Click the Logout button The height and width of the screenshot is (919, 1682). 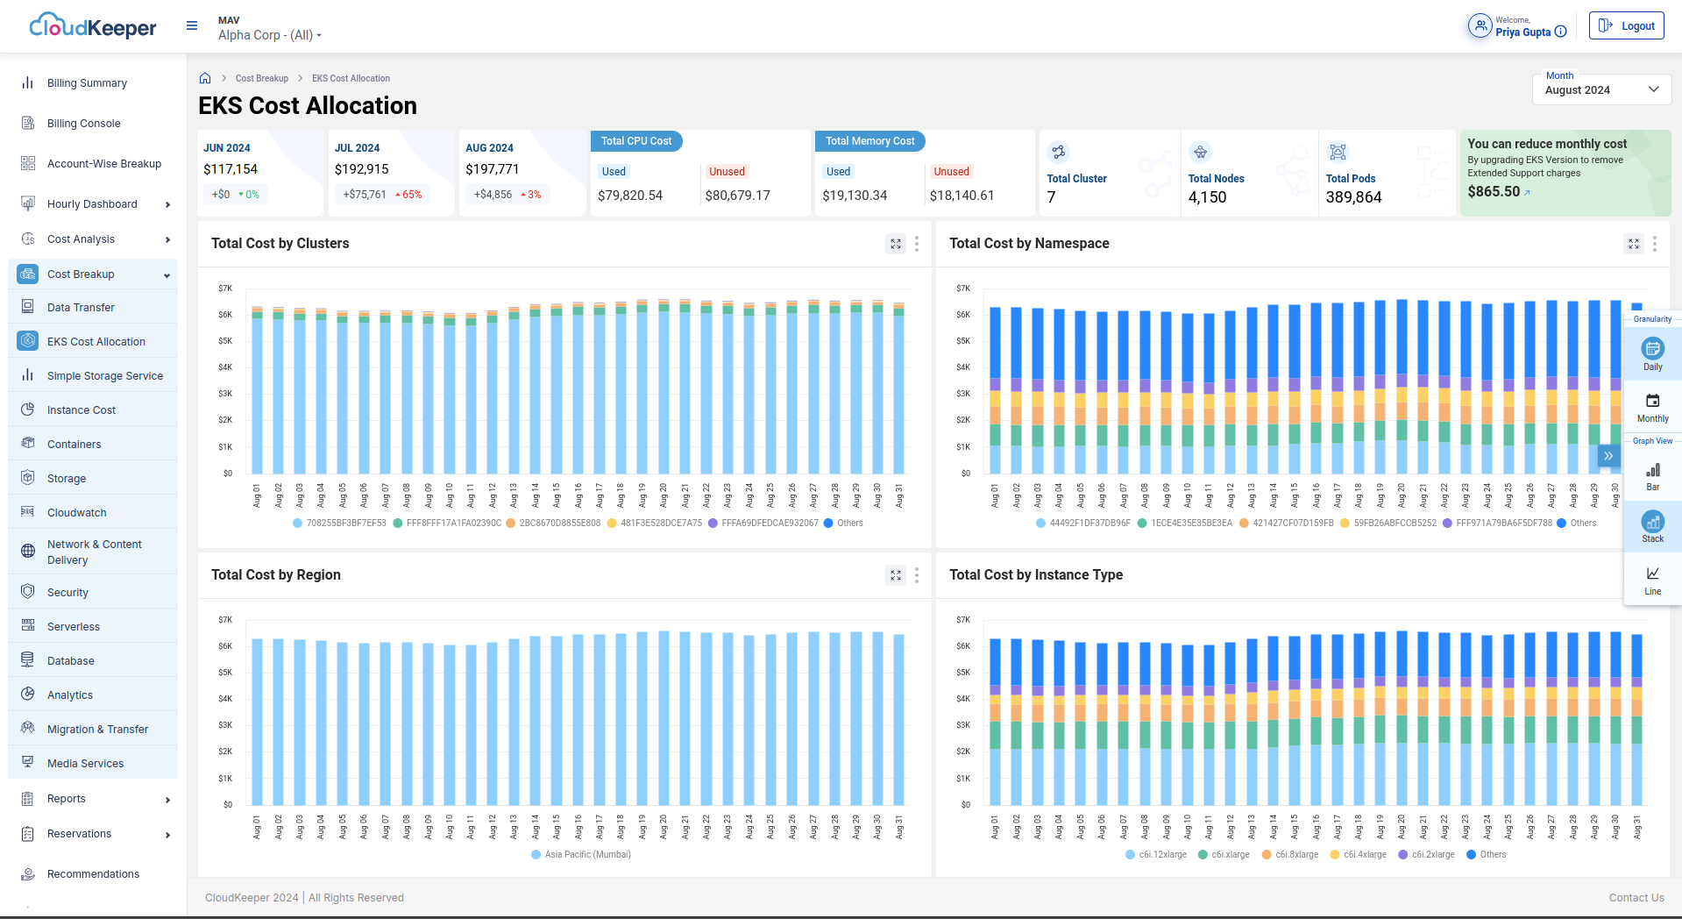pyautogui.click(x=1626, y=26)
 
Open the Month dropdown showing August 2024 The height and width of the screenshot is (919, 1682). pyautogui.click(x=1601, y=89)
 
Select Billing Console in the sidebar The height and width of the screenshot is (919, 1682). pyautogui.click(x=83, y=124)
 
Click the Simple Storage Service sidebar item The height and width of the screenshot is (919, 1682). pyautogui.click(x=104, y=376)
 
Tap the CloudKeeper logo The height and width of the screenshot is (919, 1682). pyautogui.click(x=93, y=26)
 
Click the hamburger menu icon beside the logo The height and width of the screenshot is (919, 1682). pyautogui.click(x=192, y=26)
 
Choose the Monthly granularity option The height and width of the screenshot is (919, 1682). pyautogui.click(x=1652, y=408)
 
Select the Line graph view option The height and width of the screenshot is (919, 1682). pyautogui.click(x=1652, y=580)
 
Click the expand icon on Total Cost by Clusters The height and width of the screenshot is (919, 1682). pyautogui.click(x=895, y=244)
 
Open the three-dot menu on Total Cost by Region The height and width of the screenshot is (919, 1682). pyautogui.click(x=917, y=575)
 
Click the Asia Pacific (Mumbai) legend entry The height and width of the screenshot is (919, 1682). pyautogui.click(x=587, y=854)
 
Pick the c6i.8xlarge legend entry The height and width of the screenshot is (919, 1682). pyautogui.click(x=1295, y=854)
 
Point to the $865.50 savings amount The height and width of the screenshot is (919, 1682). pyautogui.click(x=1494, y=191)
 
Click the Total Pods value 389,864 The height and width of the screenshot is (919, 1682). pyautogui.click(x=1353, y=197)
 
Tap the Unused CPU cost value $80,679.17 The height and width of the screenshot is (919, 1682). pyautogui.click(x=737, y=196)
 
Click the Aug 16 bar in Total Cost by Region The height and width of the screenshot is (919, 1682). pyautogui.click(x=578, y=719)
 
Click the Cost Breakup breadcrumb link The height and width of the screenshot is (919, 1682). pyautogui.click(x=261, y=79)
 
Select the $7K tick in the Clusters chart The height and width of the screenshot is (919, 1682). pyautogui.click(x=225, y=289)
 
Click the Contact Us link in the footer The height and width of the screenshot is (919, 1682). pyautogui.click(x=1636, y=897)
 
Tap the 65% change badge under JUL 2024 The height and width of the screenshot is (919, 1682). pyautogui.click(x=408, y=195)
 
